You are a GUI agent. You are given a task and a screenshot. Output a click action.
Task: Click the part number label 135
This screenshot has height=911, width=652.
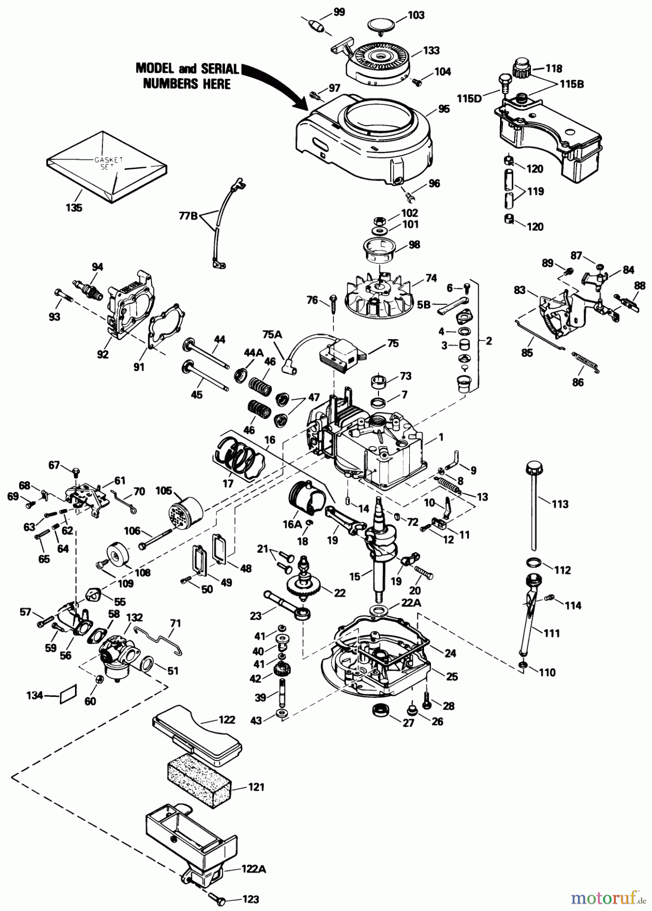74,208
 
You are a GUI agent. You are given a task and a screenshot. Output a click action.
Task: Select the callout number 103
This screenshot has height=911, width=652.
416,16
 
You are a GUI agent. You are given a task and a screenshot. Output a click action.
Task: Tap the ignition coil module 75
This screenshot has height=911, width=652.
340,353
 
